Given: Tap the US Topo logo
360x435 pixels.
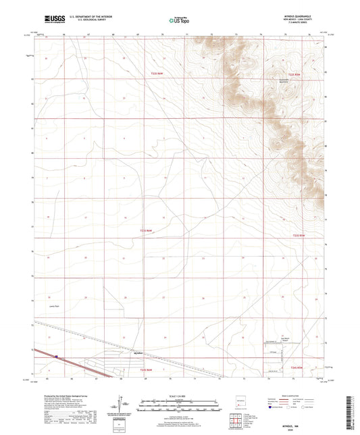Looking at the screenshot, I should click(176, 21).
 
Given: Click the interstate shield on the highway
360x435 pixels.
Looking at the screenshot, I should click(58, 357).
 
